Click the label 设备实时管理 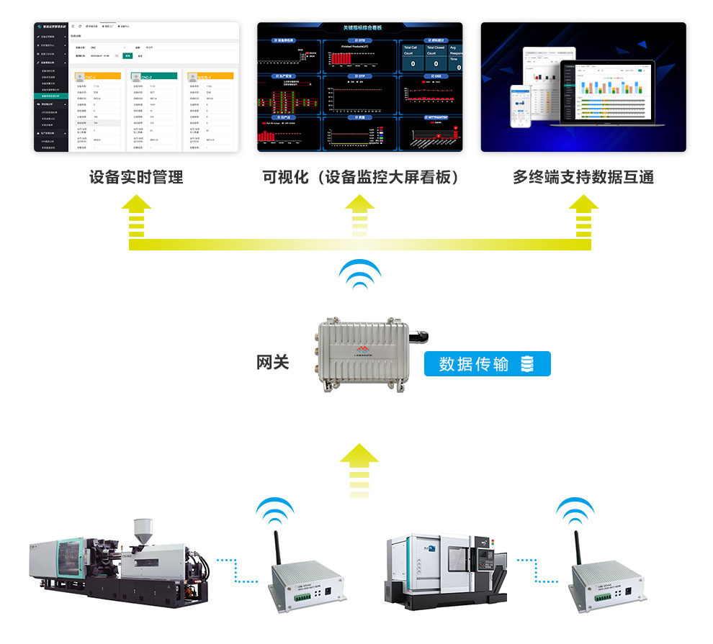click(x=136, y=177)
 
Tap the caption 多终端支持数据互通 click(x=583, y=177)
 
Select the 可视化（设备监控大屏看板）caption click(x=361, y=177)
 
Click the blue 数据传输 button click(x=487, y=364)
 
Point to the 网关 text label click(x=273, y=362)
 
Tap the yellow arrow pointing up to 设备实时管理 click(x=136, y=214)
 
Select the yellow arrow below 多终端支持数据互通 click(x=583, y=214)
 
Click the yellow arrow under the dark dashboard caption click(x=360, y=214)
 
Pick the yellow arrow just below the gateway click(x=359, y=469)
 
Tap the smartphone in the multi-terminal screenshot click(x=521, y=106)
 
